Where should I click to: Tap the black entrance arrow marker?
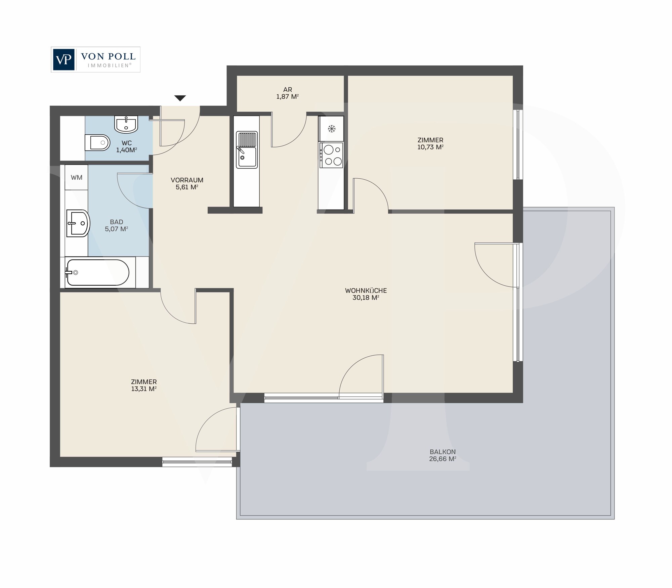[x=180, y=98]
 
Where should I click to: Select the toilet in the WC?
[x=97, y=143]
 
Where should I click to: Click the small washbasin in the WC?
[x=126, y=124]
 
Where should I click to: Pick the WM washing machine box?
[x=77, y=177]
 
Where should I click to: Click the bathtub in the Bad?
[x=97, y=273]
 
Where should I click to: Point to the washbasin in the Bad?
[x=78, y=223]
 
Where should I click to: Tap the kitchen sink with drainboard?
[x=247, y=150]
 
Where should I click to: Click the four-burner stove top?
[x=331, y=155]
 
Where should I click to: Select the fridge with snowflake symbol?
[x=331, y=129]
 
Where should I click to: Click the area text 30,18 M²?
[x=366, y=298]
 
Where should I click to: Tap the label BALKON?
[x=443, y=452]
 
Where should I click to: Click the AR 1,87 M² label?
[x=288, y=93]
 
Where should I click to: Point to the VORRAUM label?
[x=187, y=180]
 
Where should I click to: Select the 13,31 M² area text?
[x=144, y=389]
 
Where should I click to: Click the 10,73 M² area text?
[x=430, y=147]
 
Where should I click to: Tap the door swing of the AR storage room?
[x=292, y=134]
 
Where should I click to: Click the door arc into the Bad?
[x=131, y=193]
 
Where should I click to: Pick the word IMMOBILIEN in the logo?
[x=109, y=65]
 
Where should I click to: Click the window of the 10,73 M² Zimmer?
[x=518, y=144]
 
